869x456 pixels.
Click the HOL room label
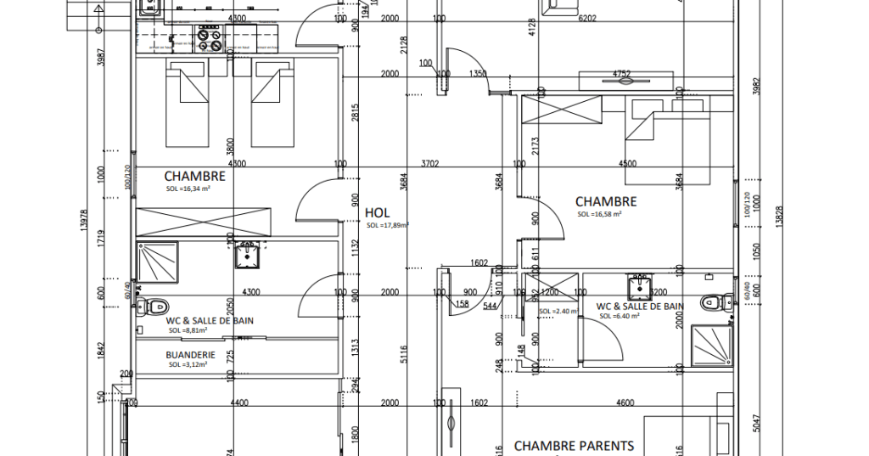click(x=377, y=212)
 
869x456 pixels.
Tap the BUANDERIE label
click(x=190, y=355)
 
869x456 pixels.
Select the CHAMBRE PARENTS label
click(x=574, y=446)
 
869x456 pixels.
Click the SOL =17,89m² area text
click(x=388, y=226)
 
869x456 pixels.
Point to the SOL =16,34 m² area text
click(x=188, y=189)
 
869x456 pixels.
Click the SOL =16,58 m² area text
click(x=599, y=215)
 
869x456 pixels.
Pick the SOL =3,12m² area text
click(x=188, y=365)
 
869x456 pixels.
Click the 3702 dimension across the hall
click(x=429, y=164)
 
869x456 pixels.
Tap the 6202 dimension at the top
click(x=586, y=18)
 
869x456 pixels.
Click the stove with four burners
click(x=209, y=38)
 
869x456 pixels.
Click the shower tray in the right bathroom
click(x=710, y=346)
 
